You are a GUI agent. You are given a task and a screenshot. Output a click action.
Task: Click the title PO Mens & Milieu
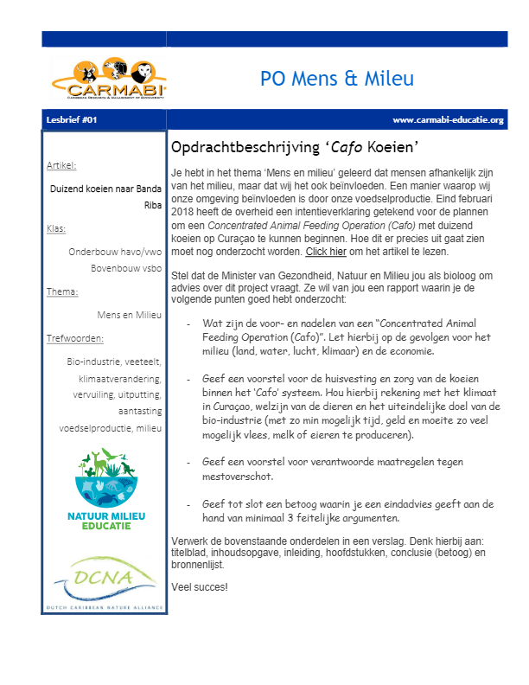tap(337, 79)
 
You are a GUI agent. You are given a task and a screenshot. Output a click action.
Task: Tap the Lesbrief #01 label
tap(73, 119)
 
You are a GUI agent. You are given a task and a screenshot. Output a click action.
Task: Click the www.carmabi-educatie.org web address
tap(447, 119)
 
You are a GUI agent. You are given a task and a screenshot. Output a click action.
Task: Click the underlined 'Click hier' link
tap(326, 252)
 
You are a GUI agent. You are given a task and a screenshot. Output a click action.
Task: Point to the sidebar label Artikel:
tap(61, 165)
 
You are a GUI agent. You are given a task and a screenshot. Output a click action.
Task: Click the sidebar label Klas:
tap(56, 229)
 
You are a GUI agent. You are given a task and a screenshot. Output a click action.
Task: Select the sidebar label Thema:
tap(62, 292)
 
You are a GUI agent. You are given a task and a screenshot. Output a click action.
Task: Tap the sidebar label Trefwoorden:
tap(75, 338)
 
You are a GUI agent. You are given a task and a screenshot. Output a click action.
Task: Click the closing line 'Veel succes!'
tap(200, 587)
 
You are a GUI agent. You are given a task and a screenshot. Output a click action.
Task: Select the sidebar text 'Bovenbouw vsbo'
tap(126, 268)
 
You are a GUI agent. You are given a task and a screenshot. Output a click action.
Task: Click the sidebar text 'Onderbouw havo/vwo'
tap(115, 252)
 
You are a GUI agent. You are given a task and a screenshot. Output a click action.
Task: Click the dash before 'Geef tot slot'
tap(189, 503)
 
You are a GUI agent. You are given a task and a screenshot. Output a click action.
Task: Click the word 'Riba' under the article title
tap(153, 206)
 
